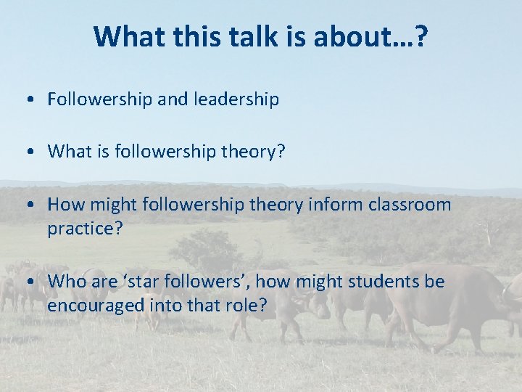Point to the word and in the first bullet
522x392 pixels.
coord(172,99)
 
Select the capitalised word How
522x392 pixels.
coord(63,205)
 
